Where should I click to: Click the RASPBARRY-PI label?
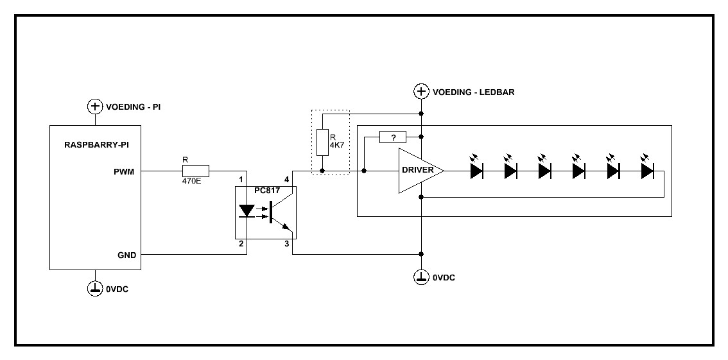(x=96, y=146)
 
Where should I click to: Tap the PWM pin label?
(x=125, y=171)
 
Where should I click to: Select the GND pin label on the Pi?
(x=126, y=255)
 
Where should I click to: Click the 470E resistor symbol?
(x=196, y=171)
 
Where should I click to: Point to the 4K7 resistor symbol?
(x=322, y=142)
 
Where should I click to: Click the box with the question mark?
(x=394, y=137)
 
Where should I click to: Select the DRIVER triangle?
(x=419, y=171)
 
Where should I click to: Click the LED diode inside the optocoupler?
(x=247, y=211)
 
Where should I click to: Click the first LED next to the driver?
(x=476, y=171)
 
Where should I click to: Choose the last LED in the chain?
(x=646, y=171)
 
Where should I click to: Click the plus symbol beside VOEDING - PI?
(x=95, y=106)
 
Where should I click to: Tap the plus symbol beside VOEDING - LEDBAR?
(x=421, y=91)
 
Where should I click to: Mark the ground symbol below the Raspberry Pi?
(x=95, y=288)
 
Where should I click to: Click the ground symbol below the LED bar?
(x=421, y=277)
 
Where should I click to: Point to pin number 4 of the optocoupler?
(x=287, y=180)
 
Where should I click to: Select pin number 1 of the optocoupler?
(x=241, y=180)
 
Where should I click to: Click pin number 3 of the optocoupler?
(x=287, y=244)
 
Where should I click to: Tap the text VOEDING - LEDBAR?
(x=473, y=92)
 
